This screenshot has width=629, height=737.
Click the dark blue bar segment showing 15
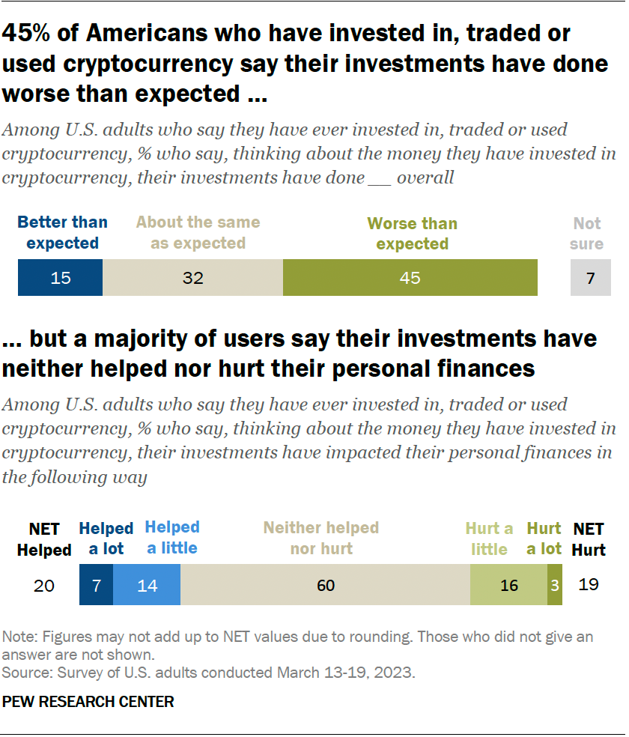pos(60,278)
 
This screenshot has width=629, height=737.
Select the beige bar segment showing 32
pos(192,278)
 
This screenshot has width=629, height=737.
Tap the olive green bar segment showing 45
pos(410,278)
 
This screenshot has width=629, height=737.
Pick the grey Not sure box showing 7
pos(590,278)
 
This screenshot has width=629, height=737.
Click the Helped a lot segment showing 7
pos(97,585)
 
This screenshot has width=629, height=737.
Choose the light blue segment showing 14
pos(147,585)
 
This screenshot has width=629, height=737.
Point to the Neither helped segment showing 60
pos(325,585)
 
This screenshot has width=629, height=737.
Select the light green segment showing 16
pos(508,585)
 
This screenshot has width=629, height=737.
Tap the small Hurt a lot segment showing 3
pos(554,585)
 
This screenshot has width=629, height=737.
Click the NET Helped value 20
pos(44,585)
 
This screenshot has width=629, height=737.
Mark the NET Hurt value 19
pos(589,585)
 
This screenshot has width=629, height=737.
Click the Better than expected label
pos(62,233)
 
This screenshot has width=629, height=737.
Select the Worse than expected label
pos(412,234)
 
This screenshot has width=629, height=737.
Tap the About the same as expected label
pos(198,233)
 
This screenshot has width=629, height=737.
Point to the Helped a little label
pos(172,537)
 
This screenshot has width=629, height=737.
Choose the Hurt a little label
pos(489,539)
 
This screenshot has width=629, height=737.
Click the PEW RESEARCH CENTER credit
pos(88,702)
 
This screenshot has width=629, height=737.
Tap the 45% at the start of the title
pos(29,33)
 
